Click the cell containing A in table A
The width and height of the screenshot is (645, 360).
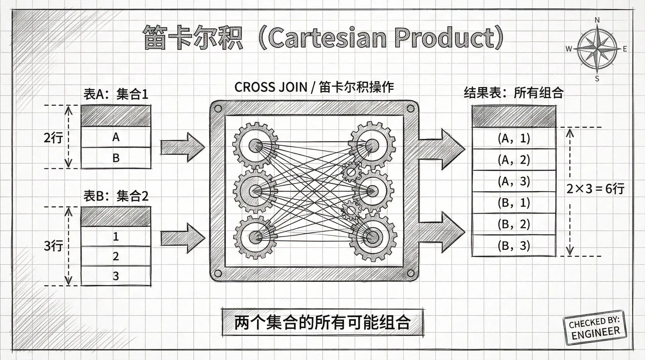point(116,137)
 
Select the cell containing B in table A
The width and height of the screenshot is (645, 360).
point(116,158)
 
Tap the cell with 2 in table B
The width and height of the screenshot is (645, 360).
point(116,256)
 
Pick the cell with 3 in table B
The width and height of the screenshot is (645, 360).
point(116,276)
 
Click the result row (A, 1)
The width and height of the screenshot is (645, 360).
point(514,138)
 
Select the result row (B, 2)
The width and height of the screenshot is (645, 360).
point(514,224)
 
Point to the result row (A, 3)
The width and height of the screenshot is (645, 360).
point(514,181)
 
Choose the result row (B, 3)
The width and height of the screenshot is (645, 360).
point(514,246)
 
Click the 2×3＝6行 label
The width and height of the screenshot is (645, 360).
point(595,189)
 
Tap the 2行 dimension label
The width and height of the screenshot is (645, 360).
point(53,138)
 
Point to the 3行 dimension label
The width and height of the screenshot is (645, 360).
point(53,246)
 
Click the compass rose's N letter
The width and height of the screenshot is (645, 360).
point(597,20)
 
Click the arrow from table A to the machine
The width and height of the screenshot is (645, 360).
point(182,147)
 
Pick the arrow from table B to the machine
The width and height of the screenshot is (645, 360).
point(182,238)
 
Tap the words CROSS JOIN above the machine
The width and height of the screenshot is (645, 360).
point(271,87)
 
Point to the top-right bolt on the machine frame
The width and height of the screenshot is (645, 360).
point(410,108)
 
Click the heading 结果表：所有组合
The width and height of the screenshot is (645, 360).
point(513,93)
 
